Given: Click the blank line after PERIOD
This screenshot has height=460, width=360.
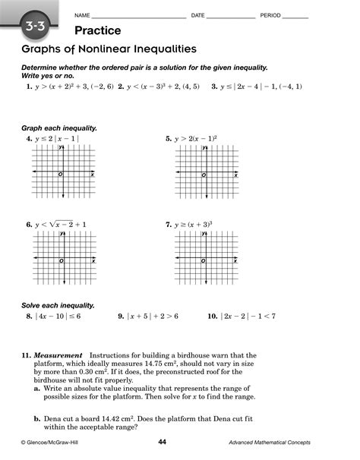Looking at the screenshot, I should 295,16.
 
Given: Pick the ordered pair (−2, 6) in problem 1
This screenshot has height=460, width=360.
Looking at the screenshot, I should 102,87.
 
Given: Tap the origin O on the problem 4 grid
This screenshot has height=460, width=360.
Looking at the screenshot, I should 60,175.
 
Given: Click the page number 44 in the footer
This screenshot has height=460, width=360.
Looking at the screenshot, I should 162,443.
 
